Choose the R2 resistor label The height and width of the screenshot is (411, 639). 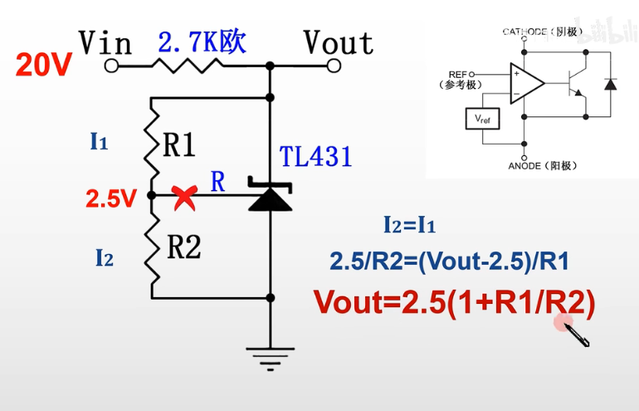(x=183, y=247)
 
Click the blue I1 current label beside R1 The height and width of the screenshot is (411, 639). (x=100, y=142)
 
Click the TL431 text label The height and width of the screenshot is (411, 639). (x=316, y=156)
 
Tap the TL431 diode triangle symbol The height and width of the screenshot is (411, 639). (x=271, y=198)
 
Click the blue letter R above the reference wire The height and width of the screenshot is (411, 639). (x=217, y=183)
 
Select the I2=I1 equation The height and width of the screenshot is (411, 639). (x=410, y=225)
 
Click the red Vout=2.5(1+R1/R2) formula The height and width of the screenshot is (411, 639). (x=454, y=302)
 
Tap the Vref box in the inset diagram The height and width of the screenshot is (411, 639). (x=482, y=119)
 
